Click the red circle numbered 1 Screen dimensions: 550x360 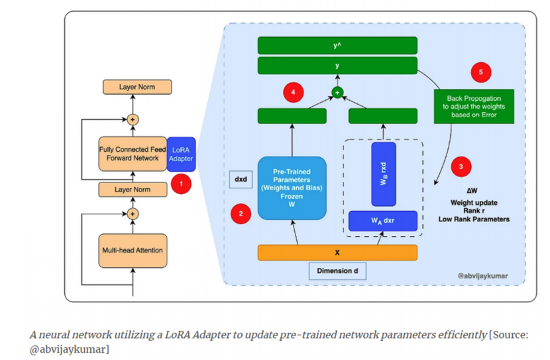point(181,184)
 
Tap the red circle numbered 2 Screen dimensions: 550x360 point(241,213)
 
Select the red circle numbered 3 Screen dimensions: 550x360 point(461,166)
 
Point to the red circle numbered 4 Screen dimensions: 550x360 point(294,92)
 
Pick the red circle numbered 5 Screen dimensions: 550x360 point(481,72)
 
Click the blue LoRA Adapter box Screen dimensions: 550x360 point(181,154)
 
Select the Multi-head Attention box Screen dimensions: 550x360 point(133,251)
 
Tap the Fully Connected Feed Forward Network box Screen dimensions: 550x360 point(133,154)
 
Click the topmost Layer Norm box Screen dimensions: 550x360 point(137,87)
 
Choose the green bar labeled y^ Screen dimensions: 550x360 point(337,46)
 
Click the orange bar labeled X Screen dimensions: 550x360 point(337,253)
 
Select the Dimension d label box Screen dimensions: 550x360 point(337,271)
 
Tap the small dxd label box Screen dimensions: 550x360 point(241,179)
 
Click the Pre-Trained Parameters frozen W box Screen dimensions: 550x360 point(292,188)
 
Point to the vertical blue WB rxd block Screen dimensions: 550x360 point(384,174)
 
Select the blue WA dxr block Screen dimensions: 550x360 point(383,221)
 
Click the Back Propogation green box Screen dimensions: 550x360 point(474,107)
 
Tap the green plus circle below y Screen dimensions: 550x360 point(337,93)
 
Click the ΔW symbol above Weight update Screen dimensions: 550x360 point(472,191)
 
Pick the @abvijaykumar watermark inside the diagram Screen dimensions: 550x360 point(482,276)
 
